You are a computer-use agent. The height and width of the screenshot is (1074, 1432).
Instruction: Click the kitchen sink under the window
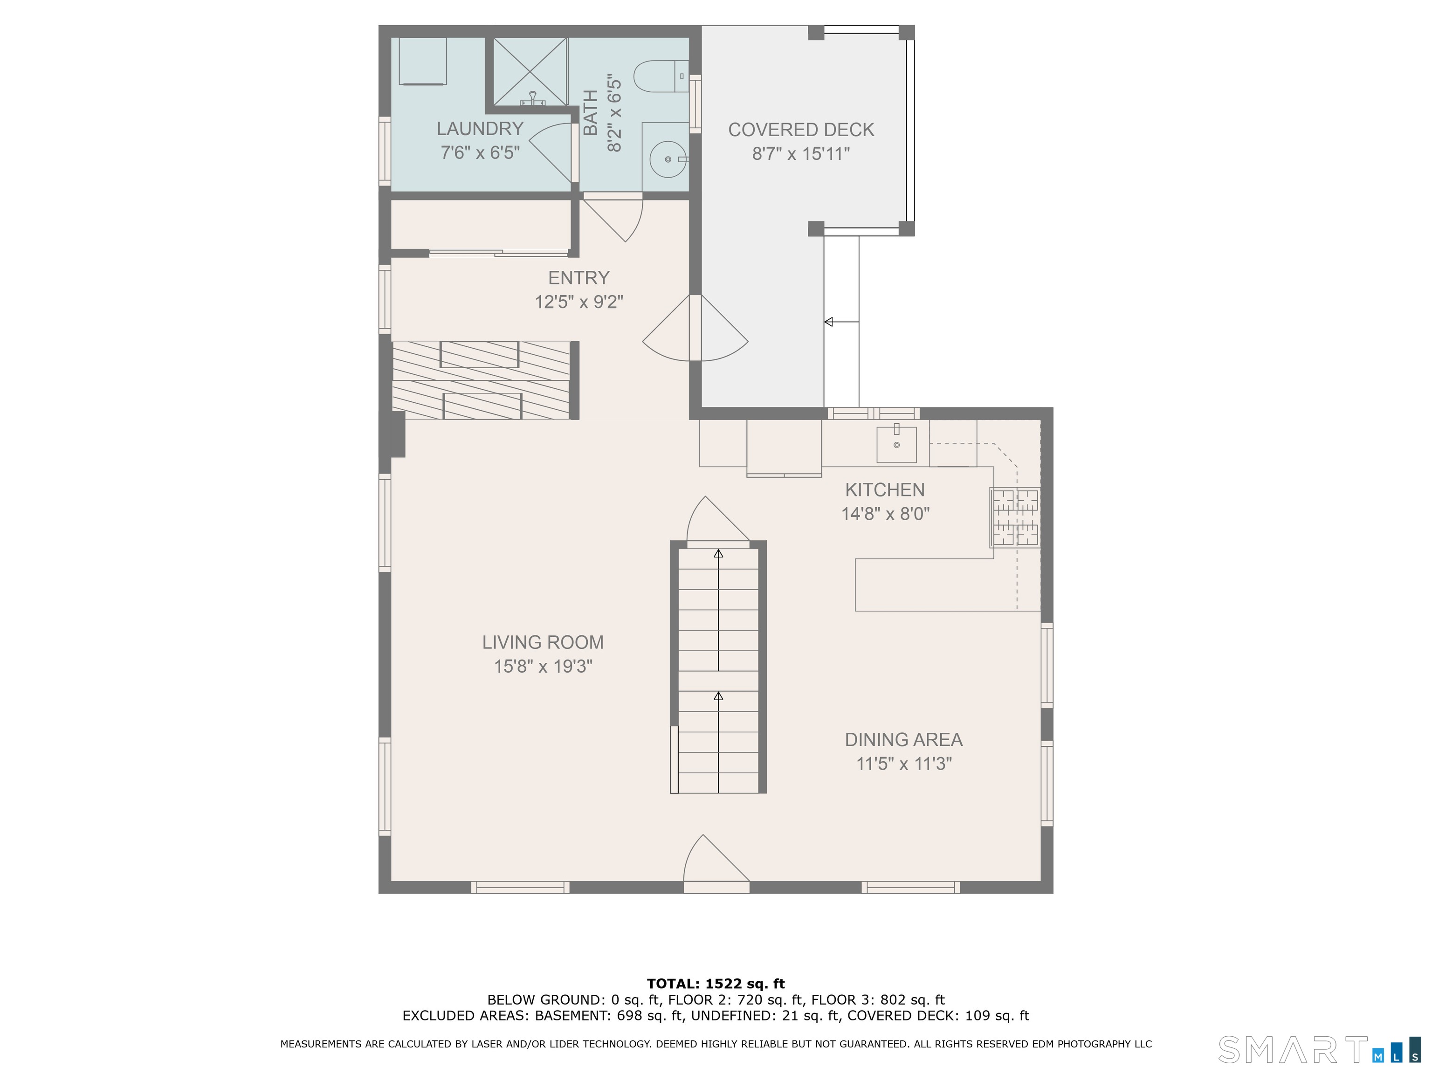tap(896, 444)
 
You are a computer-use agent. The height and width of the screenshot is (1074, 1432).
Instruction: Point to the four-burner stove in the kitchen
tap(1014, 517)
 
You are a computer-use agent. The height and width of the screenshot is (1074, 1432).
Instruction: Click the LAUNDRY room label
tap(480, 129)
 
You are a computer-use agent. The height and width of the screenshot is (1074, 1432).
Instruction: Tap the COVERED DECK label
tap(801, 130)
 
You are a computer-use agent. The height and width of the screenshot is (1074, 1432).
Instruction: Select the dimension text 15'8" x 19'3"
tap(543, 666)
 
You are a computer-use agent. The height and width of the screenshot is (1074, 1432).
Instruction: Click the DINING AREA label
tap(903, 739)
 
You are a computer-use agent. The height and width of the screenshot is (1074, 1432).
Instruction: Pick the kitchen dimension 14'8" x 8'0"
tap(885, 514)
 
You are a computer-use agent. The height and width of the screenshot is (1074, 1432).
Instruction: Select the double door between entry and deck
tap(695, 329)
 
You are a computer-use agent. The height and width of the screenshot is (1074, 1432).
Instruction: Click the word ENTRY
tap(578, 278)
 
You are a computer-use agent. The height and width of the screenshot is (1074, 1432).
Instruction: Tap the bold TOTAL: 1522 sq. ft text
tap(716, 984)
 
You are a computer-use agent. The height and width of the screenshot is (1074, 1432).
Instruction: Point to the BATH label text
tap(591, 113)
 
